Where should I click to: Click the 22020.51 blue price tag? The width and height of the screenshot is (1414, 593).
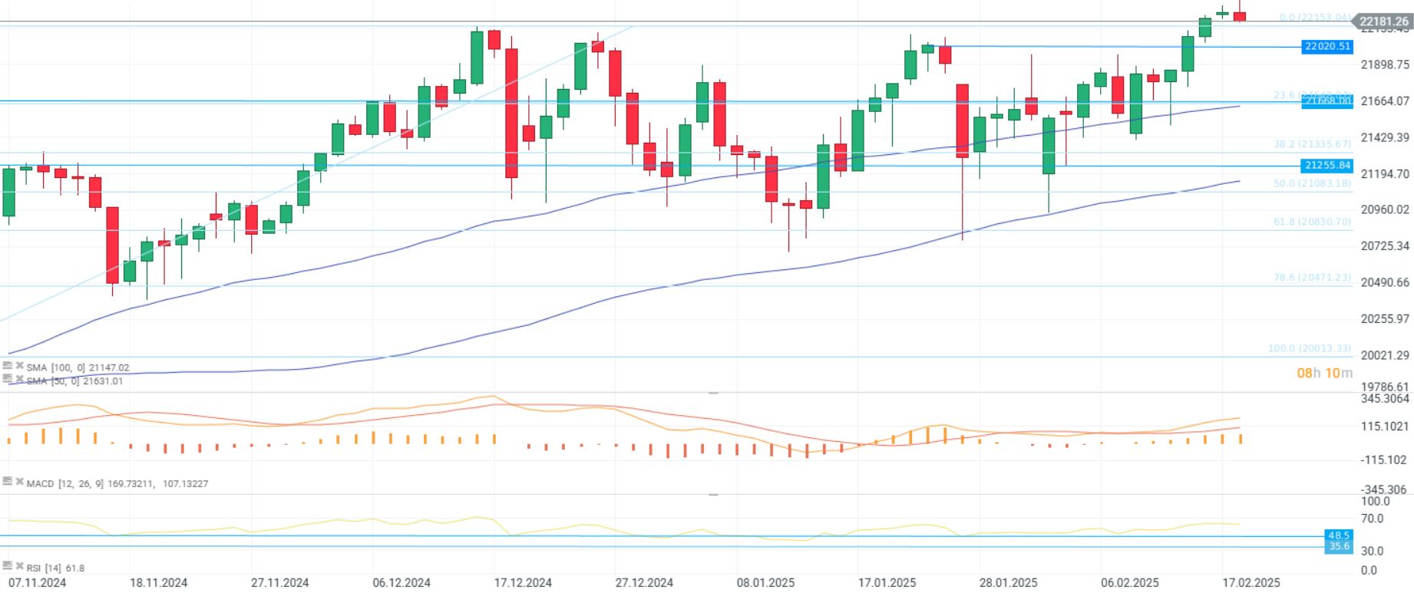(1327, 47)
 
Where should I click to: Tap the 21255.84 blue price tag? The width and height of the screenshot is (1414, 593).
(1327, 166)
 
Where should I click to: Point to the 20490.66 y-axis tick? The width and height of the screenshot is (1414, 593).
(1384, 282)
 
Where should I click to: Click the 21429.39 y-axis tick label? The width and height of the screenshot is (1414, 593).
(1384, 137)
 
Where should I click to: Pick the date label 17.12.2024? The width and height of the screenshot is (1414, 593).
(523, 582)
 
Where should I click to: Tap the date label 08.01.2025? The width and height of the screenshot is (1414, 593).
(766, 582)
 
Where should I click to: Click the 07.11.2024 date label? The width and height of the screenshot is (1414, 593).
(37, 582)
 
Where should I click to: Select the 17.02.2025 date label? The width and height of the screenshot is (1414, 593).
(1251, 582)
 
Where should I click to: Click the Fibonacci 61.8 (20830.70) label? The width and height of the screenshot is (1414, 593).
(1312, 222)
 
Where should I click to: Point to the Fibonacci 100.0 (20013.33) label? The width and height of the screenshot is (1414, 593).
(1309, 348)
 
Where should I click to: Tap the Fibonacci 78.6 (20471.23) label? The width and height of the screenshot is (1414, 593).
(1312, 278)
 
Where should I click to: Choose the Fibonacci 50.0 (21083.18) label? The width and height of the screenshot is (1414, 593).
(1312, 183)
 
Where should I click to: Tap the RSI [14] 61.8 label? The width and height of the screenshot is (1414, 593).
(55, 568)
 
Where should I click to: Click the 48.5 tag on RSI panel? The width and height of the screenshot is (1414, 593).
(1339, 535)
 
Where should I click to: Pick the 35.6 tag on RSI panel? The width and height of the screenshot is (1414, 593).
(1339, 546)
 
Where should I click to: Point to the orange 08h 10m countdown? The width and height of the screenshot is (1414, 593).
(1324, 374)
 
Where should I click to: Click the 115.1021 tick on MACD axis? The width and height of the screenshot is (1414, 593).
(1384, 427)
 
